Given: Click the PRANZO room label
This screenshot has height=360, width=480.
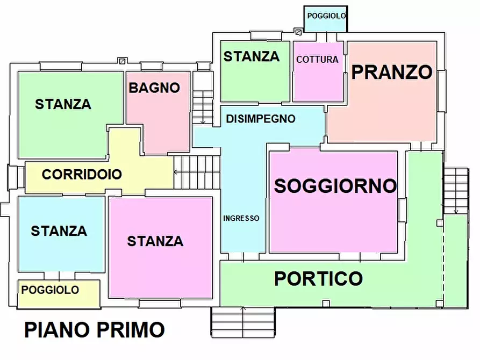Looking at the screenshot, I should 392,72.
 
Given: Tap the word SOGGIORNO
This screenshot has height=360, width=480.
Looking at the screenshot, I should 335,186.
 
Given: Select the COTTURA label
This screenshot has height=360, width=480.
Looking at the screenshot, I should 317,60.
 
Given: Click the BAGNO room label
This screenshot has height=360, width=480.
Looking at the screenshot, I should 154,88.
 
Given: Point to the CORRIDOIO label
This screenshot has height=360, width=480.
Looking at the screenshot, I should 82,175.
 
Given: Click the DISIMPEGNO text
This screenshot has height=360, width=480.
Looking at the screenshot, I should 260,119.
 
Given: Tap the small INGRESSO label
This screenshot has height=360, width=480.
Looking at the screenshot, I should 241,218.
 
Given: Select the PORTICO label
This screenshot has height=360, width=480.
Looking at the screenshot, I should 318,279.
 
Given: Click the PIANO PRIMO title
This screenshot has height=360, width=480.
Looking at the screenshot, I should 95,329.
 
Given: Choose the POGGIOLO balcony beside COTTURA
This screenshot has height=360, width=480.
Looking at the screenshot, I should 326,16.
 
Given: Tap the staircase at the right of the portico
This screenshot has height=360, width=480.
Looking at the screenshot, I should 457,191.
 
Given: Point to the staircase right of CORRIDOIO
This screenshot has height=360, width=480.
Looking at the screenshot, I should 197,172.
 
